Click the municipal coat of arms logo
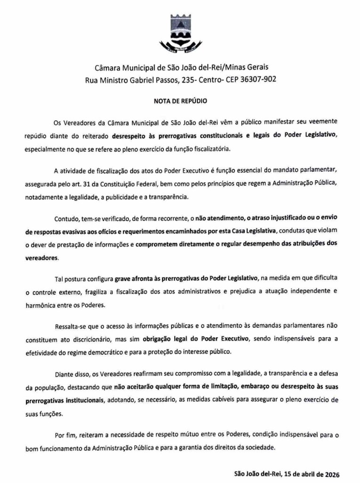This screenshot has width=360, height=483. pyautogui.click(x=180, y=33)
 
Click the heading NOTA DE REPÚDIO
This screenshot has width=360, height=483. pyautogui.click(x=180, y=101)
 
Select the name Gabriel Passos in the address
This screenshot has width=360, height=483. pyautogui.click(x=152, y=80)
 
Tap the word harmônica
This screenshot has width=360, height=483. pyautogui.click(x=41, y=305)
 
